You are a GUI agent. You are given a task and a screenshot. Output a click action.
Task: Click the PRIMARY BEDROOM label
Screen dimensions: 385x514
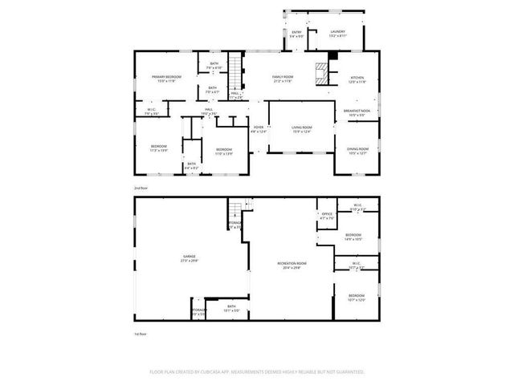(x=166, y=77)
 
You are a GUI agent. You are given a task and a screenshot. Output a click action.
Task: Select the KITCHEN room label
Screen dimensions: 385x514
(x=356, y=78)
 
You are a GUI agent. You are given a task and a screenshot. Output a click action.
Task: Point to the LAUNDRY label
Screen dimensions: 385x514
(x=337, y=32)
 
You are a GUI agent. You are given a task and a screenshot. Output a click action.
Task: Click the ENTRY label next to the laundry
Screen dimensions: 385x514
(x=296, y=32)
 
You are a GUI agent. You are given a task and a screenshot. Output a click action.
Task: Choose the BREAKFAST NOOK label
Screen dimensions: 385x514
(x=356, y=111)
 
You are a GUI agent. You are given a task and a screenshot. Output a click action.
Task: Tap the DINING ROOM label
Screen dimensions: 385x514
(x=357, y=148)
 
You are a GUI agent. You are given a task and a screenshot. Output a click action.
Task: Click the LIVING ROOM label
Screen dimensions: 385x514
(x=301, y=128)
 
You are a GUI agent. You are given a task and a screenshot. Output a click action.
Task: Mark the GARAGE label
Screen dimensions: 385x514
(x=189, y=257)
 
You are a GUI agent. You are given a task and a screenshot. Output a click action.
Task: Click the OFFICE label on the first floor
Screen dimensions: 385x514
(x=327, y=214)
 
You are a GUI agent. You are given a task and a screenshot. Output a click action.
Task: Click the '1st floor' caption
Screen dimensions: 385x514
(x=142, y=333)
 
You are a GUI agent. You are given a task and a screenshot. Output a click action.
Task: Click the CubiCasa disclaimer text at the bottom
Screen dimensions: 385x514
(x=257, y=371)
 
